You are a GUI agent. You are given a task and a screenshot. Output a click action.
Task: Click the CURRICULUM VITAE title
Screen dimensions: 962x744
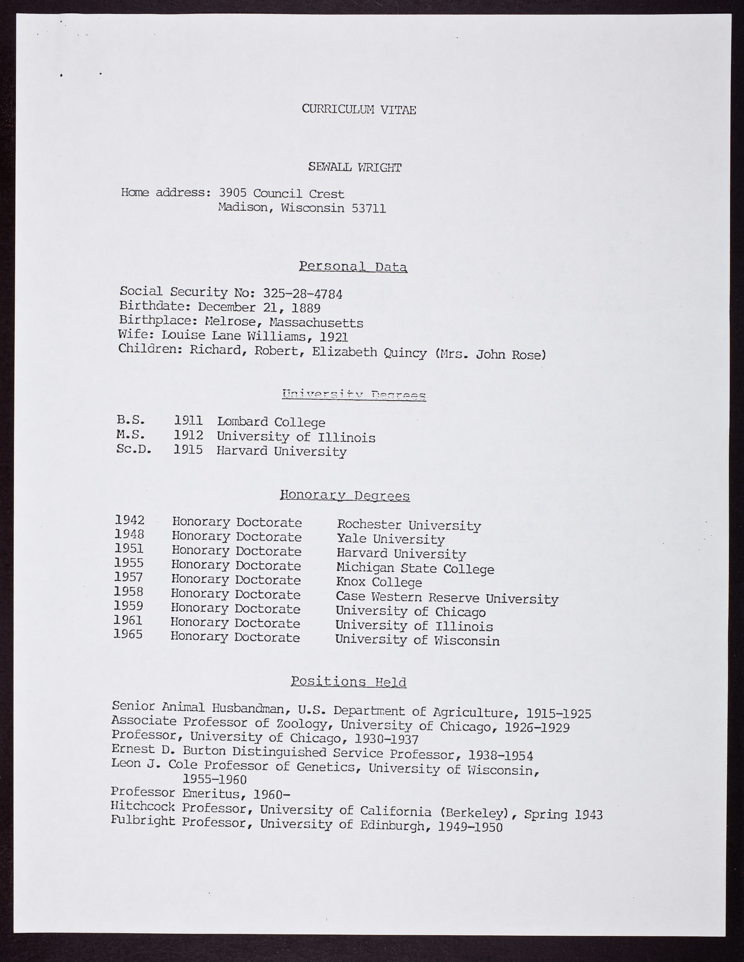359,109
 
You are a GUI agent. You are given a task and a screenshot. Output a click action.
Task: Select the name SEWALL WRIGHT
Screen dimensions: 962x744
354,167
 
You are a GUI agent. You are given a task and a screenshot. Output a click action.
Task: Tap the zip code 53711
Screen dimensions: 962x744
369,208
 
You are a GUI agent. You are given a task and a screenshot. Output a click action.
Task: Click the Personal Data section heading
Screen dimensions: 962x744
353,267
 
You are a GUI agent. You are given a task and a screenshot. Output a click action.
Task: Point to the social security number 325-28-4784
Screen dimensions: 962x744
303,294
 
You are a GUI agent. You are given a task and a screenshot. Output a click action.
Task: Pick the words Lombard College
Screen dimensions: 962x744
271,422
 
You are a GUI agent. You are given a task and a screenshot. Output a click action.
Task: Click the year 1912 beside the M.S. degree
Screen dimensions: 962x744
189,436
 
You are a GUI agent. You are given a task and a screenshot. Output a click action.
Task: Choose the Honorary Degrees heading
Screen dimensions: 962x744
345,496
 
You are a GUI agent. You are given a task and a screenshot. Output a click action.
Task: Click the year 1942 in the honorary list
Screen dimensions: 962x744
130,520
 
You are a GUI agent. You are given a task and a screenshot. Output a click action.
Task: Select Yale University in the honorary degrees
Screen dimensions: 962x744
391,540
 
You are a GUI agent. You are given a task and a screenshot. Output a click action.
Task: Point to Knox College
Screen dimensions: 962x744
379,582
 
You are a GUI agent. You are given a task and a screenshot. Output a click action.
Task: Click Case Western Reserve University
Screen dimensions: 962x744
447,598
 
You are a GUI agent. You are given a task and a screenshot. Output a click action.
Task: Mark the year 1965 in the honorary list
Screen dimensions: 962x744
128,635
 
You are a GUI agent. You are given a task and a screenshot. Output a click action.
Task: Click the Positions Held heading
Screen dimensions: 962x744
348,682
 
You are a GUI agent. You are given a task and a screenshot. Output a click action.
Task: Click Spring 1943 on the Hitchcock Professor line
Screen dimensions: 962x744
563,815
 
